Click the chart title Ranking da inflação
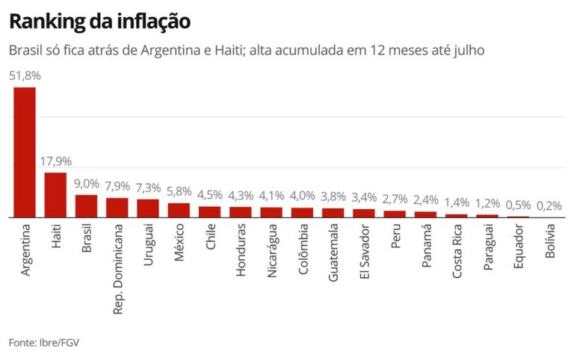[99, 22]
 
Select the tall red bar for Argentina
[25, 152]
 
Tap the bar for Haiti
[55, 195]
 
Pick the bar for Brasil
[86, 206]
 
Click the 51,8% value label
[25, 75]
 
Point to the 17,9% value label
[55, 161]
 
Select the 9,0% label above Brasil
[86, 184]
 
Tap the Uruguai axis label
[148, 246]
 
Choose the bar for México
[179, 210]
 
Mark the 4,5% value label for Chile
[210, 195]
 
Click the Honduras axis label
[241, 249]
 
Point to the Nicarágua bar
[271, 212]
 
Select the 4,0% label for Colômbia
[302, 196]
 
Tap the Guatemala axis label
[333, 251]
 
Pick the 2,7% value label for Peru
[395, 199]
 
